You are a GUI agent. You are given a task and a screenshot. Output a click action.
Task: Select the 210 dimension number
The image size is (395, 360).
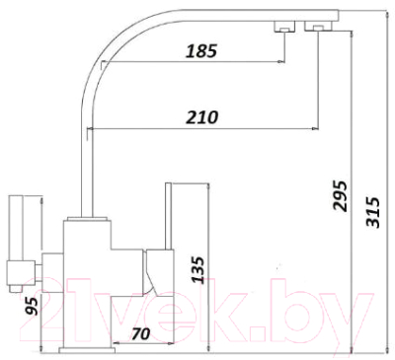point(201,116)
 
